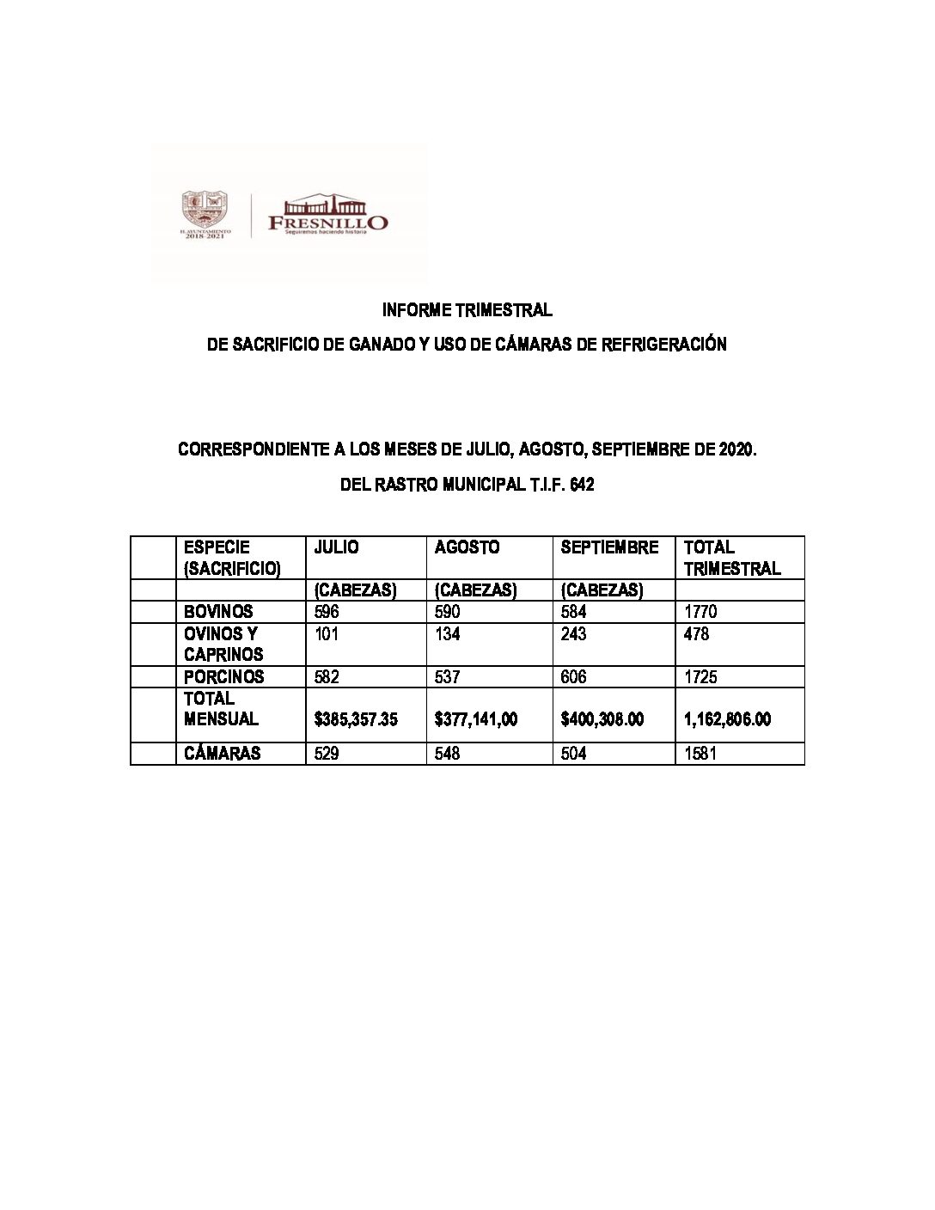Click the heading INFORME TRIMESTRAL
click(467, 309)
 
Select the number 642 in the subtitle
click(581, 485)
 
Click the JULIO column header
click(336, 547)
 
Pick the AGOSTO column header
click(467, 547)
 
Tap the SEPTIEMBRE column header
click(609, 547)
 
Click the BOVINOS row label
click(218, 612)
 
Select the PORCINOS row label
click(224, 676)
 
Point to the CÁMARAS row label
click(222, 753)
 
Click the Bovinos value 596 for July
click(327, 612)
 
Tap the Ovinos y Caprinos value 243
click(573, 634)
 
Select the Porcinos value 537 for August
click(448, 676)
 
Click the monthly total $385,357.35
click(356, 719)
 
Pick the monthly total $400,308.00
click(602, 719)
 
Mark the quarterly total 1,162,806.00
click(727, 719)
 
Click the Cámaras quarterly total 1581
click(700, 753)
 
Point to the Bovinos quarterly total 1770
click(700, 612)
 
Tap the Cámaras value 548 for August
click(448, 753)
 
